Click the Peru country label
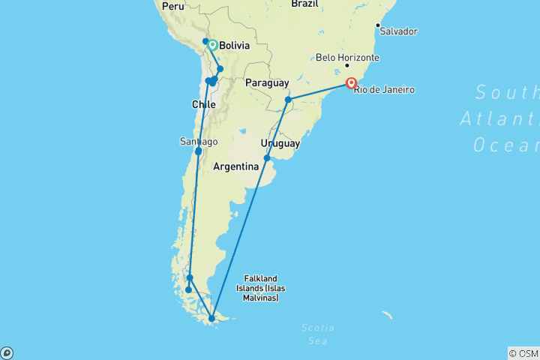point(172,6)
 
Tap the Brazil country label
point(305,4)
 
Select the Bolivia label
point(235,45)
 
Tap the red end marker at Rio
point(351,83)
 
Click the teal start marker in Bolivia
point(212,45)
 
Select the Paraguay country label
point(267,82)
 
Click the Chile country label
point(204,104)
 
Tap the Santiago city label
point(199,142)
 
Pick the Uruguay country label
point(280,143)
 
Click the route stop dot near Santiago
point(198,151)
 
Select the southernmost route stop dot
point(212,319)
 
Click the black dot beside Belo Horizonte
point(347,66)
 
